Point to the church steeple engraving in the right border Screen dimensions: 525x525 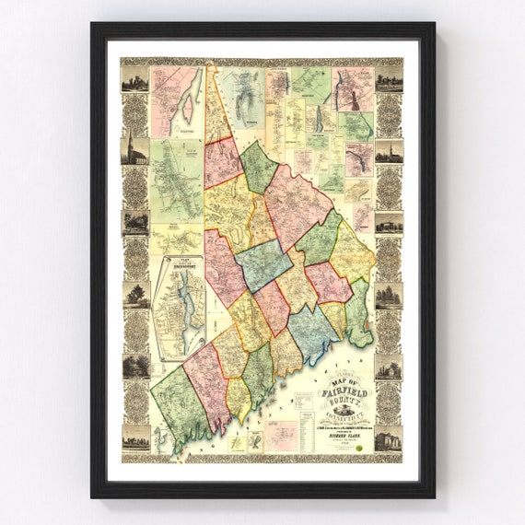pyautogui.click(x=389, y=151)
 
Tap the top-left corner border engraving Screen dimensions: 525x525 pyautogui.click(x=135, y=80)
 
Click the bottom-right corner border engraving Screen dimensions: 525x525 pyautogui.click(x=389, y=437)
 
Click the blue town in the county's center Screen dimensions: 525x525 pyautogui.click(x=263, y=264)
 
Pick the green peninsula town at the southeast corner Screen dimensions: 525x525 pyautogui.click(x=360, y=313)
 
